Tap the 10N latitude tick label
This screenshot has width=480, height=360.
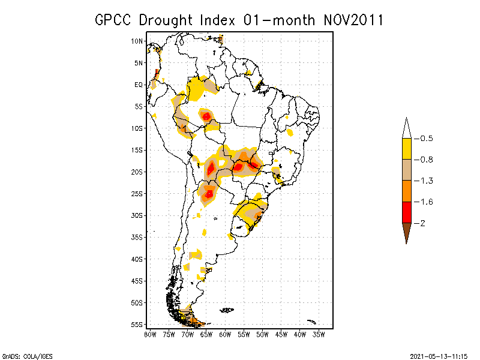137,41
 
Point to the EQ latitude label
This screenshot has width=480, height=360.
139,85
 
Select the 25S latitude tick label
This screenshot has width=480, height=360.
137,194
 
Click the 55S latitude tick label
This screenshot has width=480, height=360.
137,325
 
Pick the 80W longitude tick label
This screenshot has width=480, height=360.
150,334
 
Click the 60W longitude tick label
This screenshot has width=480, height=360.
226,334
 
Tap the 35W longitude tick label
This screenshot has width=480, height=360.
319,334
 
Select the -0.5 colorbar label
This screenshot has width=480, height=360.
425,139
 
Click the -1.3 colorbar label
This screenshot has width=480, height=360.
425,181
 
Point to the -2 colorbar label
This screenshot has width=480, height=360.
423,223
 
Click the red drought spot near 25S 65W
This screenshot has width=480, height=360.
209,193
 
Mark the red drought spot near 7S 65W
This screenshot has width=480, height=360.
206,116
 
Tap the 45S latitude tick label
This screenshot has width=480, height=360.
137,281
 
